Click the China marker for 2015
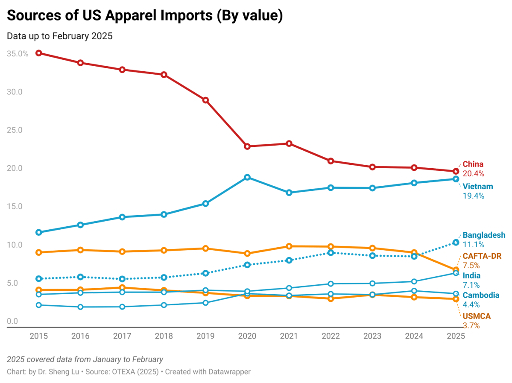38,53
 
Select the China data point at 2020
247,146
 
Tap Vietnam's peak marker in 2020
247,177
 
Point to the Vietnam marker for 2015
38,232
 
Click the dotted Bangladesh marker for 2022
331,252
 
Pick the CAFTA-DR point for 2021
289,246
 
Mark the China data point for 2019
205,100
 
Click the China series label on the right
473,164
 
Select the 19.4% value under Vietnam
473,196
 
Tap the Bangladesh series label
484,235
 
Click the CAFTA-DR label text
482,256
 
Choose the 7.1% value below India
471,285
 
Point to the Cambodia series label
481,295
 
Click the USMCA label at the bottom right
477,316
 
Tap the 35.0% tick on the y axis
18,54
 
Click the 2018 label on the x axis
164,336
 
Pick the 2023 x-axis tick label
372,336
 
